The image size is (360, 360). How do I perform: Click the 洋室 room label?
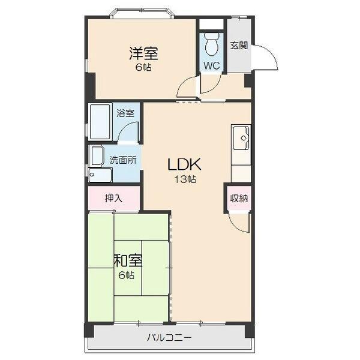(144, 53)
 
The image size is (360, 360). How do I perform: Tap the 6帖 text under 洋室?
(143, 67)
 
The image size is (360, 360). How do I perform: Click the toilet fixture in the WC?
(212, 44)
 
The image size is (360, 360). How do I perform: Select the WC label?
(212, 66)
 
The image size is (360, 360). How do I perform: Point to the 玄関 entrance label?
(239, 46)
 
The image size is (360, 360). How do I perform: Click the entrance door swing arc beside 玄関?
(271, 52)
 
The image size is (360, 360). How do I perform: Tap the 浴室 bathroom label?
(125, 113)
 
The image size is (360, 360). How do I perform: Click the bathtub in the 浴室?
(100, 122)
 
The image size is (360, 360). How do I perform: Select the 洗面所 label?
(123, 160)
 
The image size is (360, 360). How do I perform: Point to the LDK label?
(185, 164)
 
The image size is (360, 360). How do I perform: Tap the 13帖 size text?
(185, 179)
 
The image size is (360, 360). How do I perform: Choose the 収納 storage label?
(239, 198)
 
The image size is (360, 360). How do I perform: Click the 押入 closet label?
(113, 199)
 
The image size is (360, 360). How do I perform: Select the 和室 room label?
(128, 260)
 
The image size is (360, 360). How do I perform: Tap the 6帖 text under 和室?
(126, 275)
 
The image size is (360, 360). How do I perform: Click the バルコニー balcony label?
(169, 338)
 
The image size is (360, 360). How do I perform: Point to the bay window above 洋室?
(142, 13)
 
